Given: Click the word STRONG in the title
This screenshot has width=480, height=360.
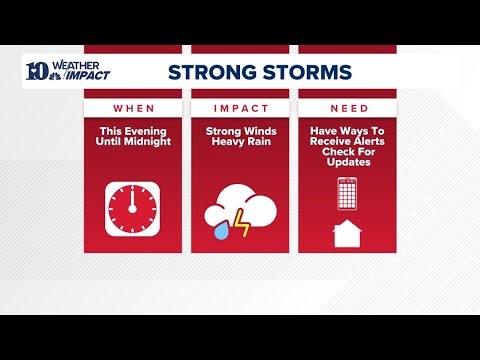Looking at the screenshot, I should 207,72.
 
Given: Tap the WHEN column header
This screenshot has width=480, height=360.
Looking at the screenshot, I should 134,107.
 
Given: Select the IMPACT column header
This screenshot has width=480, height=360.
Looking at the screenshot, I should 240,107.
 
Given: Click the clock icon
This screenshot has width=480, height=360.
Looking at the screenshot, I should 134,209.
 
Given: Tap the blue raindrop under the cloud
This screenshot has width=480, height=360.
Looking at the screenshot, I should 218,229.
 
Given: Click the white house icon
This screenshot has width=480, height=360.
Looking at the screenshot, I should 346,234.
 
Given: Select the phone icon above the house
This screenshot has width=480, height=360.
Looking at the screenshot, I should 346,193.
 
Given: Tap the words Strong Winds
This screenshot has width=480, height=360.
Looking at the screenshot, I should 240,131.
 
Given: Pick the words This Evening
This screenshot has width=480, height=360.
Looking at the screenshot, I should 134,131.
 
